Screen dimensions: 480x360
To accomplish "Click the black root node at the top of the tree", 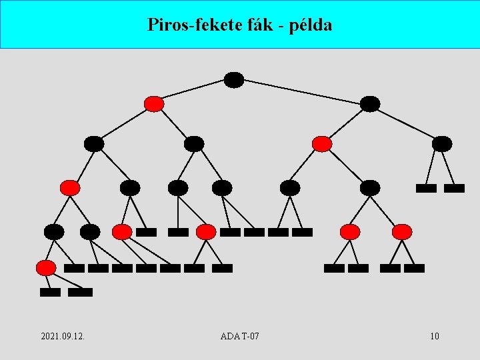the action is pos(234,80).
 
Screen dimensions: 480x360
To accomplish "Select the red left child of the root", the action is pos(154,104).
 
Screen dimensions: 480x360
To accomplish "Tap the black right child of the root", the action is pos(370,104).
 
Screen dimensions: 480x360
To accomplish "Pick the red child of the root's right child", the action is pos(322,144).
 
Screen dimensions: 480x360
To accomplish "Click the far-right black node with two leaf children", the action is pos(442,144).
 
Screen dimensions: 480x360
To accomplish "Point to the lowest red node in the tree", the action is pos(46,268).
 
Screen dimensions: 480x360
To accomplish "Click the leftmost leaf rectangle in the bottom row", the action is pos(50,292).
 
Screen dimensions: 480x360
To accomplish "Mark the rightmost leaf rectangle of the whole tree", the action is pos(454,188).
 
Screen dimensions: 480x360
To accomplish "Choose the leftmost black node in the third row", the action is pos(94,144).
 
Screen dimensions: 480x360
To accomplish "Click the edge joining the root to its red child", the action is pos(193,92).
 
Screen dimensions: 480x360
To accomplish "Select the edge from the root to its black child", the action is pos(302,92).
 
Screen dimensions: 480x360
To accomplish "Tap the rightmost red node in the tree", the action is pos(402,232).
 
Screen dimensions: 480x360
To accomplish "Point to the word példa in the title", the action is pos(311,25).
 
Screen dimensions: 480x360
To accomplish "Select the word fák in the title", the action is pos(257,25).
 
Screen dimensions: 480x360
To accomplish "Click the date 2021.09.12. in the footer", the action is pos(62,336).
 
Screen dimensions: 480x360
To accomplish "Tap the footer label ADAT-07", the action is pos(239,336).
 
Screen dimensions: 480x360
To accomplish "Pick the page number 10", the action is pos(435,336).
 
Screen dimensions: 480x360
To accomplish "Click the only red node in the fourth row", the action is pos(70,188).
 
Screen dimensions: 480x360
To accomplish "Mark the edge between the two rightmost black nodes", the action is pos(406,124).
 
